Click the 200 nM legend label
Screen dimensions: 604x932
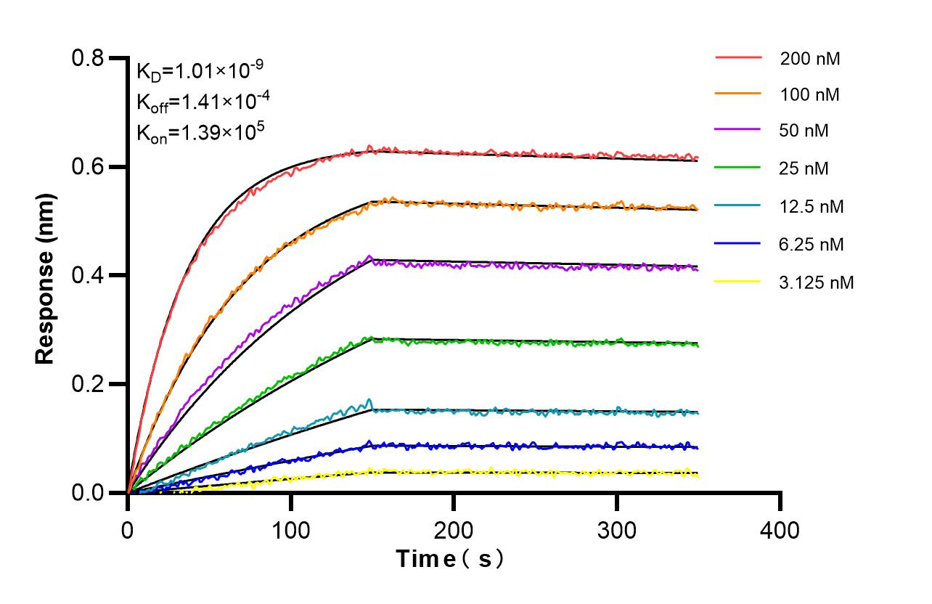pyautogui.click(x=810, y=59)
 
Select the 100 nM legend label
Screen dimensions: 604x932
pyautogui.click(x=810, y=94)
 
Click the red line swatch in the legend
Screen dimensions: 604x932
pyautogui.click(x=738, y=57)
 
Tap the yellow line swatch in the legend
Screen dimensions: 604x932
pyautogui.click(x=738, y=280)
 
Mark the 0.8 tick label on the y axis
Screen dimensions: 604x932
pyautogui.click(x=88, y=58)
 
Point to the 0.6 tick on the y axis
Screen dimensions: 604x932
pyautogui.click(x=88, y=167)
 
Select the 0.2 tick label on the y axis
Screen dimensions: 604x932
pyautogui.click(x=88, y=384)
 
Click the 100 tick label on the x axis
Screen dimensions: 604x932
pyautogui.click(x=291, y=530)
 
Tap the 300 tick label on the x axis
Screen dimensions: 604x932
pyautogui.click(x=617, y=530)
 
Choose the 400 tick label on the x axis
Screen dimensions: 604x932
pyautogui.click(x=780, y=530)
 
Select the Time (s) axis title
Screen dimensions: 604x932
pyautogui.click(x=449, y=559)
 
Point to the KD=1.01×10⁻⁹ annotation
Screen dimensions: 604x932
pyautogui.click(x=200, y=72)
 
